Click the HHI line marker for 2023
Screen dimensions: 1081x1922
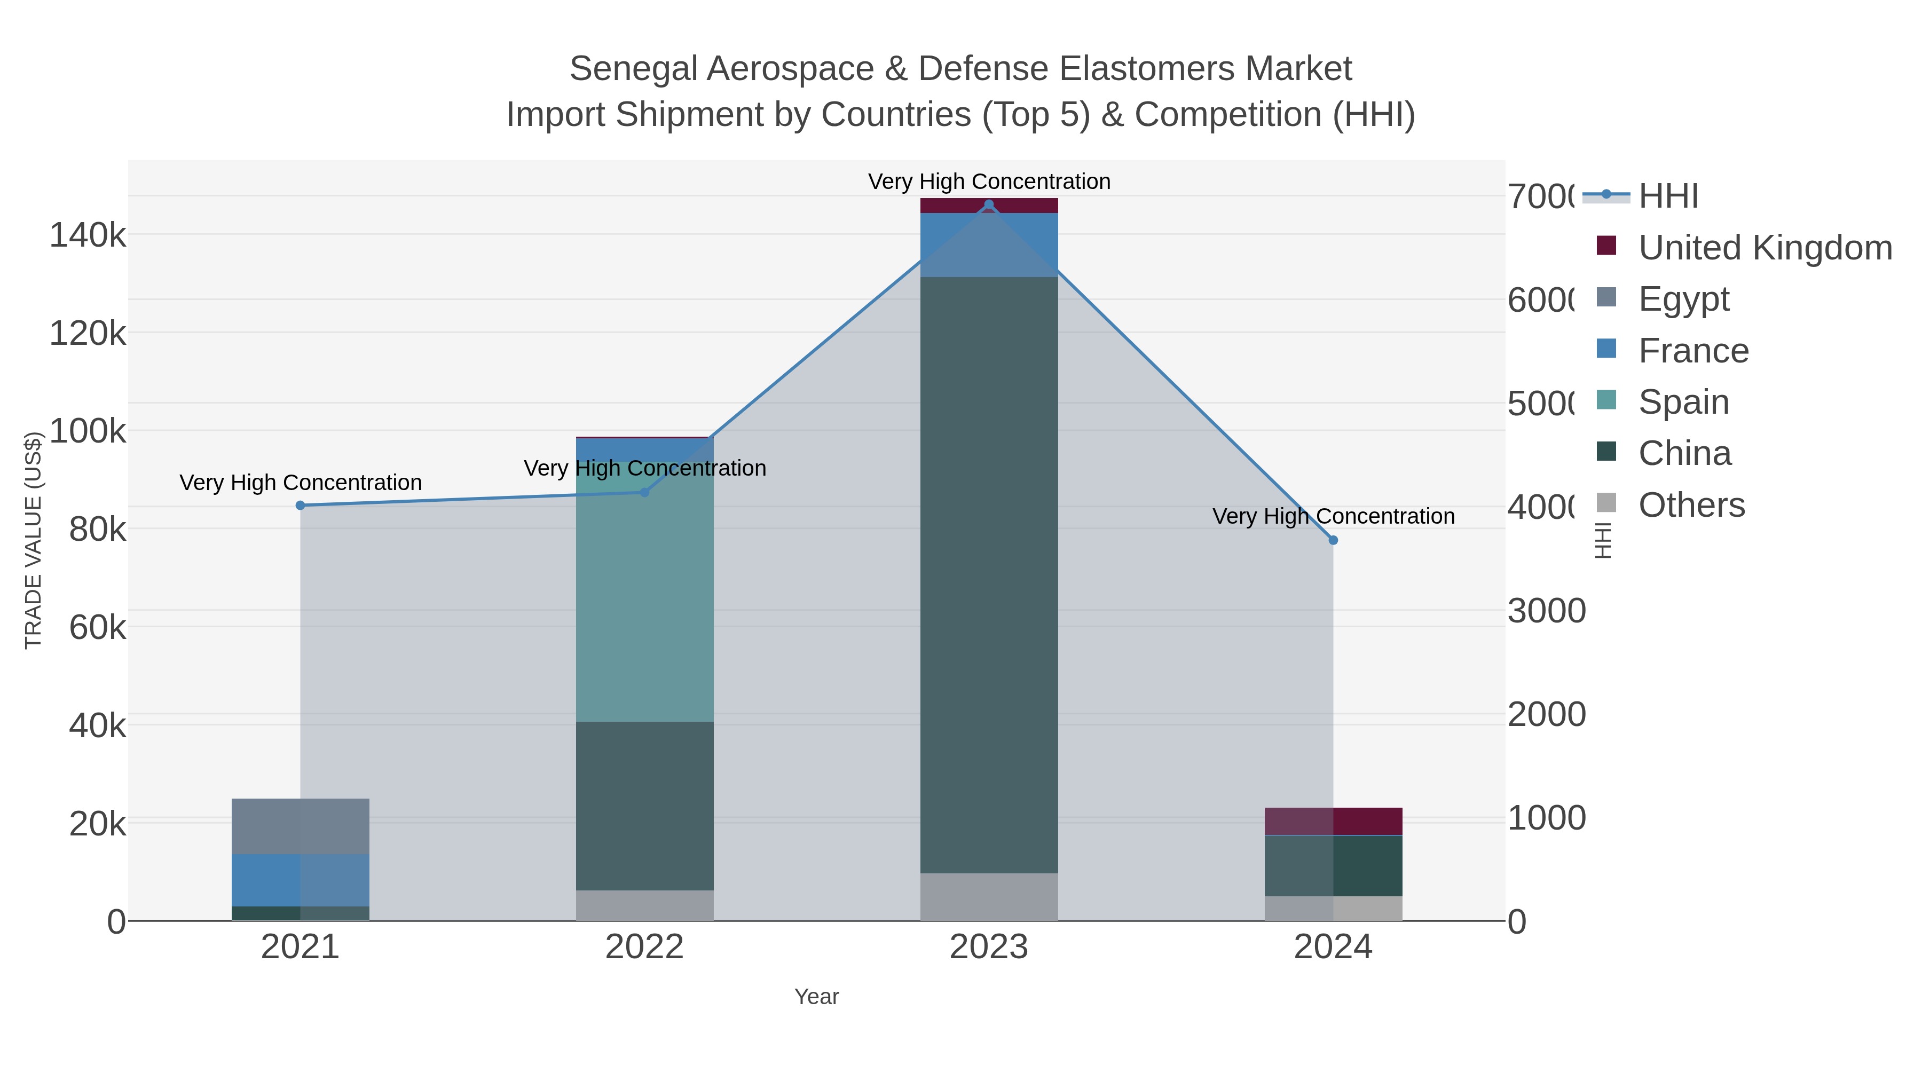[x=989, y=204]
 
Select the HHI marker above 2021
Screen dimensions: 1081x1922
[x=301, y=505]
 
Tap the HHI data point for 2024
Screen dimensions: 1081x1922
[x=1333, y=540]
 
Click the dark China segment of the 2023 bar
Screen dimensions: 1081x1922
[x=989, y=574]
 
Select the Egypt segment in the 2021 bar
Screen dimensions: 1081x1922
[x=301, y=826]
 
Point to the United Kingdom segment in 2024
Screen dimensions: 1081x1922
[x=1333, y=822]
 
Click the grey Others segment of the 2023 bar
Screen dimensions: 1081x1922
[x=989, y=897]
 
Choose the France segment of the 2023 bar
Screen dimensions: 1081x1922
[x=989, y=244]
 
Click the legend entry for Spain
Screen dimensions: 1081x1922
[x=1683, y=402]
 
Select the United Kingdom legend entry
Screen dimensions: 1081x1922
[x=1765, y=248]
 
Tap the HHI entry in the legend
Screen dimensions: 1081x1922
[x=1668, y=196]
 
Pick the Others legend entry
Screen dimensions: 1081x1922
[x=1691, y=505]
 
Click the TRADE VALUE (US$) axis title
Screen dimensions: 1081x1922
[x=34, y=540]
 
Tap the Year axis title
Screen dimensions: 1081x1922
[x=816, y=997]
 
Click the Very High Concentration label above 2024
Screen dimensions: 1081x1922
[x=1333, y=516]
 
